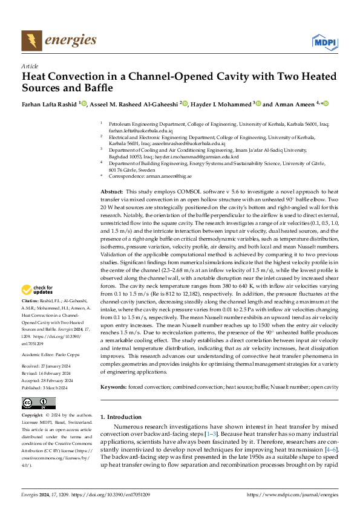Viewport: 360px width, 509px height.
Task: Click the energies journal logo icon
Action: click(x=28, y=41)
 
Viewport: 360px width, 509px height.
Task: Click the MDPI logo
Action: click(x=324, y=41)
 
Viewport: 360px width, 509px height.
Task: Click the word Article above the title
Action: click(x=30, y=66)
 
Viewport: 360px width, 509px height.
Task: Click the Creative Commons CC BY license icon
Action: click(x=39, y=404)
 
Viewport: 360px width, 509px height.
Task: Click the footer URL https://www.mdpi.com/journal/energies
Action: click(x=293, y=495)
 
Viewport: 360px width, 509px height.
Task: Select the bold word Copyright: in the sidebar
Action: click(x=33, y=416)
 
